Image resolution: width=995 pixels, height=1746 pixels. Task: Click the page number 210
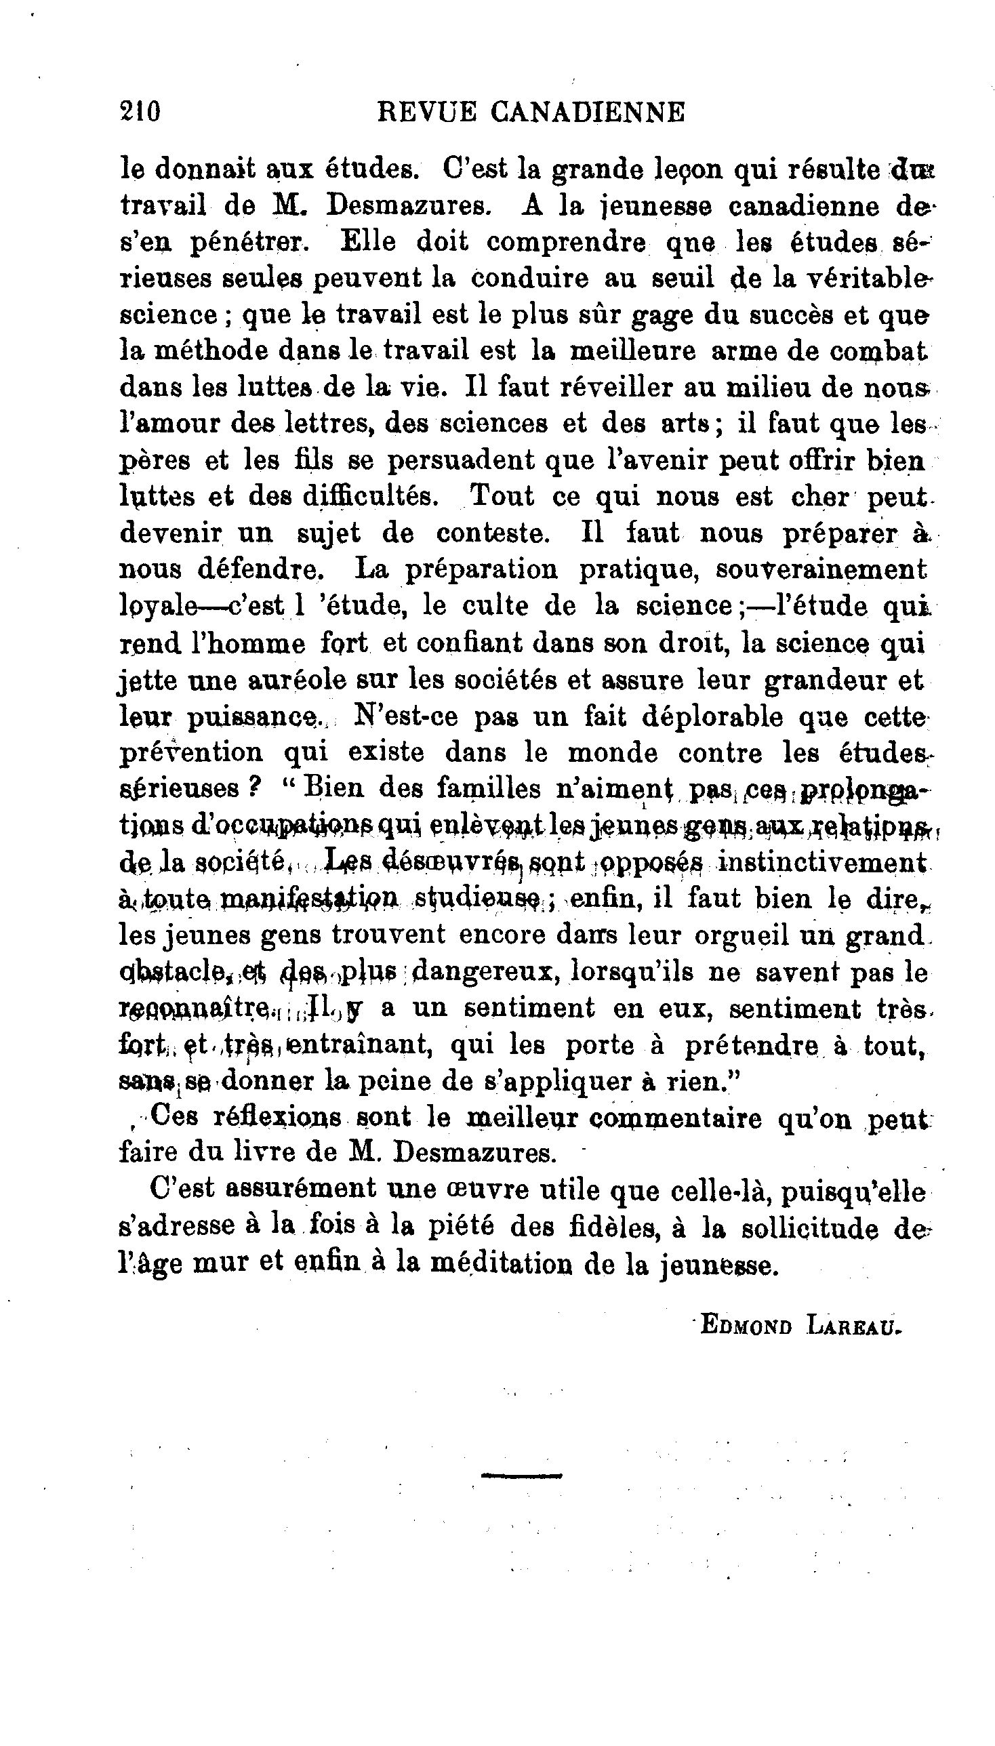click(x=140, y=110)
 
